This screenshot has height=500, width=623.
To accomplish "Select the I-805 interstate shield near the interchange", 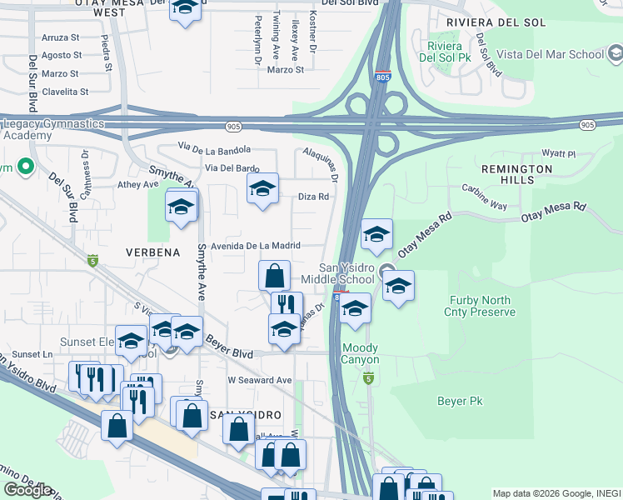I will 383,76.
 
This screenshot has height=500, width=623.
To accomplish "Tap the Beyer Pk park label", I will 460,401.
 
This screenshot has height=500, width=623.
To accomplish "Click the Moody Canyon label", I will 360,353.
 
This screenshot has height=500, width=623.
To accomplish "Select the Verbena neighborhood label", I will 153,251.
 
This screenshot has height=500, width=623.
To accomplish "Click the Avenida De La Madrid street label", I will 242,246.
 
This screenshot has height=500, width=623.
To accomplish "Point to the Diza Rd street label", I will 314,197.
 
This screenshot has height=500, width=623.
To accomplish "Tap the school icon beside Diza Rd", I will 263,190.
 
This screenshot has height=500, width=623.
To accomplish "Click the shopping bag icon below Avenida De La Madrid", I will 274,276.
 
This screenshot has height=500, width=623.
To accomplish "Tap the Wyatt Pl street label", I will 559,154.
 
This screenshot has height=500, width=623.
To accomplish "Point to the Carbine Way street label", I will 484,197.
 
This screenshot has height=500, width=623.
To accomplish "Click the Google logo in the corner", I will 28,490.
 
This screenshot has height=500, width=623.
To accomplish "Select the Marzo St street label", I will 286,70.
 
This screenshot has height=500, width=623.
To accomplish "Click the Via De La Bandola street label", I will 214,149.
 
